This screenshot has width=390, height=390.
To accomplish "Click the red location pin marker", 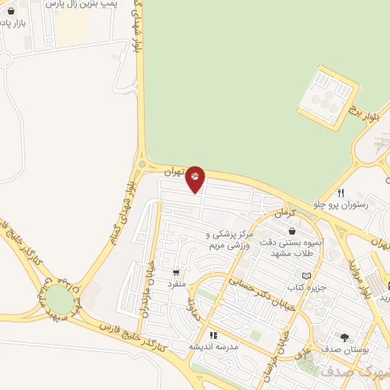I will (x=195, y=178).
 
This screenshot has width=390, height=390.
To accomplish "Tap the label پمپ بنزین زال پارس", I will (x=92, y=7).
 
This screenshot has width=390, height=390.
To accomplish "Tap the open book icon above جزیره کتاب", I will (x=306, y=275).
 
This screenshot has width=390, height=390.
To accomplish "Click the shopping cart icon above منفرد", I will (x=177, y=272).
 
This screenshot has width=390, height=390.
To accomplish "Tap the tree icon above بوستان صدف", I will (x=344, y=337).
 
